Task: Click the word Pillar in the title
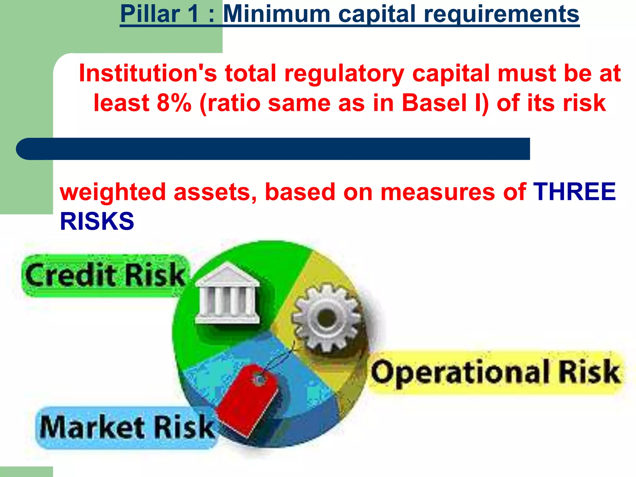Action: coord(150,14)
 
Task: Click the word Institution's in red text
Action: coord(148,73)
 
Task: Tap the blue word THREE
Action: coord(574,192)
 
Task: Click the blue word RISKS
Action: coord(97,221)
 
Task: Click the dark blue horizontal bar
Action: coord(273,149)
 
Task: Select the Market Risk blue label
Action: coord(127,428)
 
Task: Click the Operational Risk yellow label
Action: coord(496,372)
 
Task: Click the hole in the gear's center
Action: coord(326,318)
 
